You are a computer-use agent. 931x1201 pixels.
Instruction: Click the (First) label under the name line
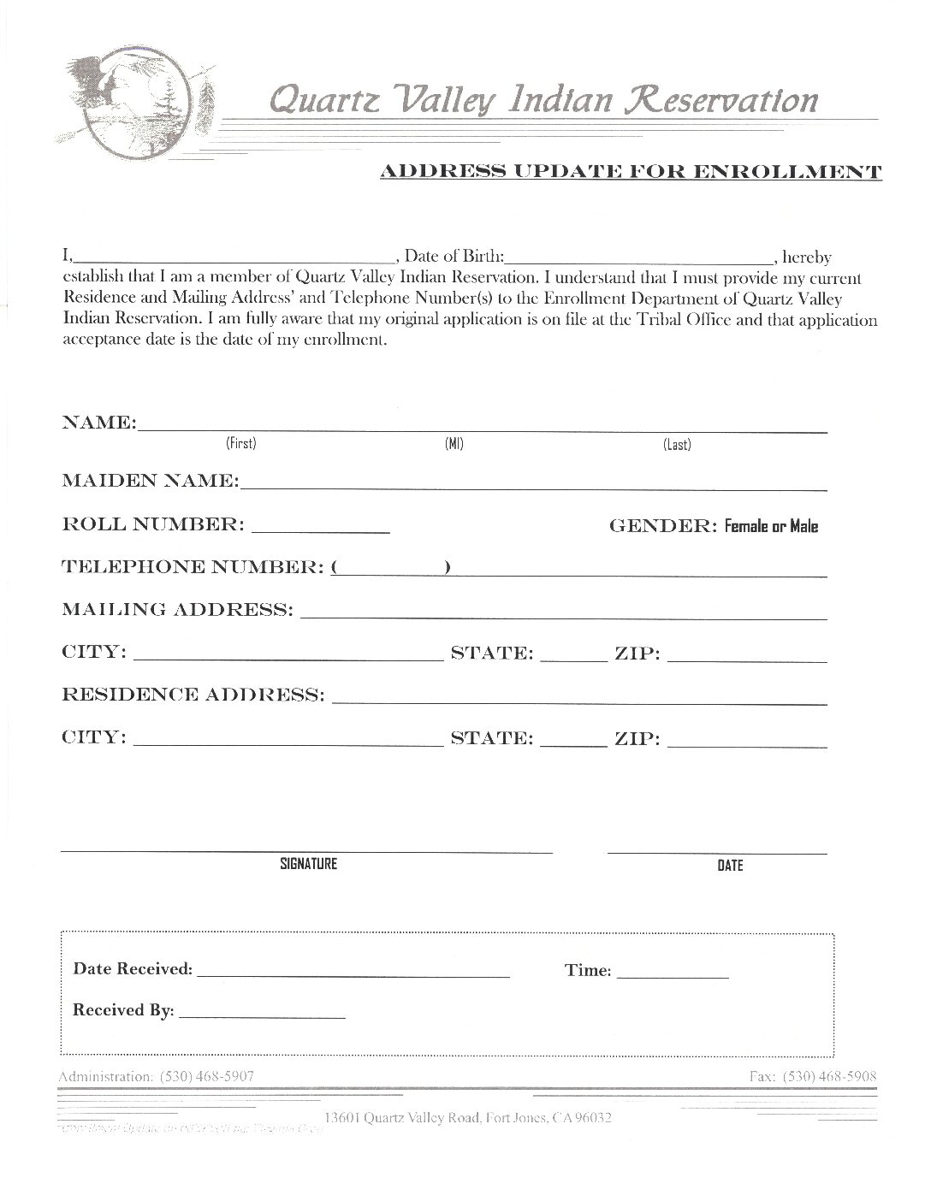[241, 443]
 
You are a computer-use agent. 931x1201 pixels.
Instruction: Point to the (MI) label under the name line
[454, 444]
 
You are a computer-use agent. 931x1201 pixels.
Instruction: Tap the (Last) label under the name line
[677, 445]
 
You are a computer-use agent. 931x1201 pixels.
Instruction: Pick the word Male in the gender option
[804, 527]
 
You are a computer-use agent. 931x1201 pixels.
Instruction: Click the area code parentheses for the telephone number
[391, 569]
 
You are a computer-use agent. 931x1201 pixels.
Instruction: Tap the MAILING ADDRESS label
[176, 610]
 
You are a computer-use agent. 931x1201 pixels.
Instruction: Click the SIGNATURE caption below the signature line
[308, 864]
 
